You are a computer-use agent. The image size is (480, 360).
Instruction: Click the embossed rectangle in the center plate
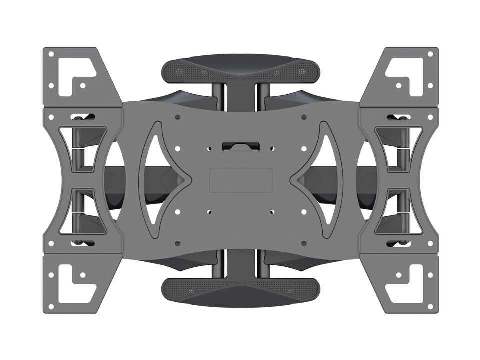click(240, 180)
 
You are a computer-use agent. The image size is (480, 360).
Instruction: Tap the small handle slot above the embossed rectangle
click(240, 146)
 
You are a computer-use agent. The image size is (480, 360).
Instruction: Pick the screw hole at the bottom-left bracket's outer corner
click(51, 306)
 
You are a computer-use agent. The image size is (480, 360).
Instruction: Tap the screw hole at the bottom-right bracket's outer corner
click(430, 306)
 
